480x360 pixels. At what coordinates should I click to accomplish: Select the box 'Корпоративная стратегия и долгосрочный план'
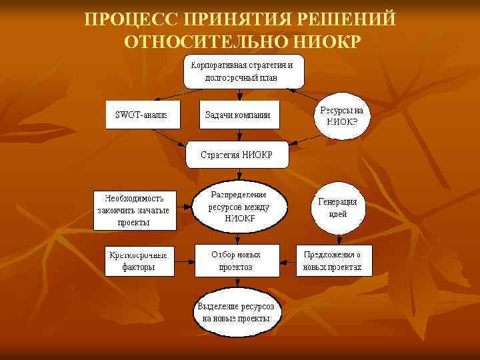244,71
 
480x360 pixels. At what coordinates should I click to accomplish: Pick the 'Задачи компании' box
237,115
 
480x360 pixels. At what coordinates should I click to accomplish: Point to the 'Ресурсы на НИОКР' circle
341,115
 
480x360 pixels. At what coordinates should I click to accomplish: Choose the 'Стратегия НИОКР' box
237,154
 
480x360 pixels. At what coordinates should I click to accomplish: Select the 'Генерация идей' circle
338,208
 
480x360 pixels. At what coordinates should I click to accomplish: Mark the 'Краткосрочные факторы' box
139,261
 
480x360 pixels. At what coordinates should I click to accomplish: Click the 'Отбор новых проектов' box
237,260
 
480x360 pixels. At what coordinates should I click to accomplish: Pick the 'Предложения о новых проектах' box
333,261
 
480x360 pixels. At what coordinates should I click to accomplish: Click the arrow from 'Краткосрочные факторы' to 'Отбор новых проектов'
184,261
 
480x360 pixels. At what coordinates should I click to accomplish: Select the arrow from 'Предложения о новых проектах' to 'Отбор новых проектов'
287,261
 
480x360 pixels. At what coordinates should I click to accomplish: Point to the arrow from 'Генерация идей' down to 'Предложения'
338,239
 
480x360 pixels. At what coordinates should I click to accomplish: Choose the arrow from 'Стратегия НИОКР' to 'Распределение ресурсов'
238,175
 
